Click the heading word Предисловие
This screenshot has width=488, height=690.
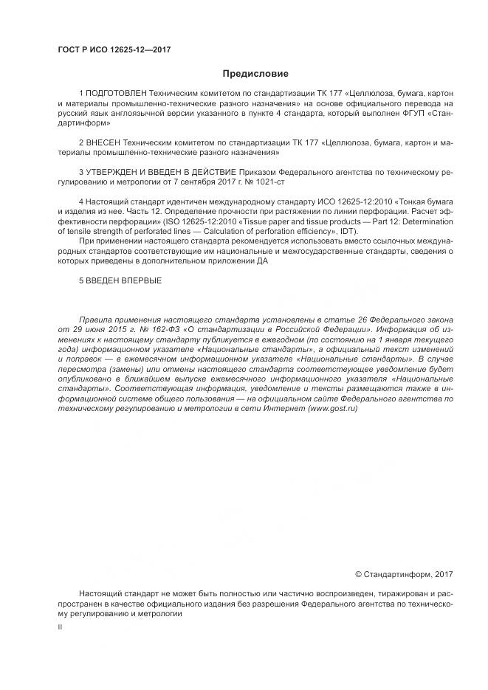click(255, 73)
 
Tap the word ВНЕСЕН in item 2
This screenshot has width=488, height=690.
click(103, 139)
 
